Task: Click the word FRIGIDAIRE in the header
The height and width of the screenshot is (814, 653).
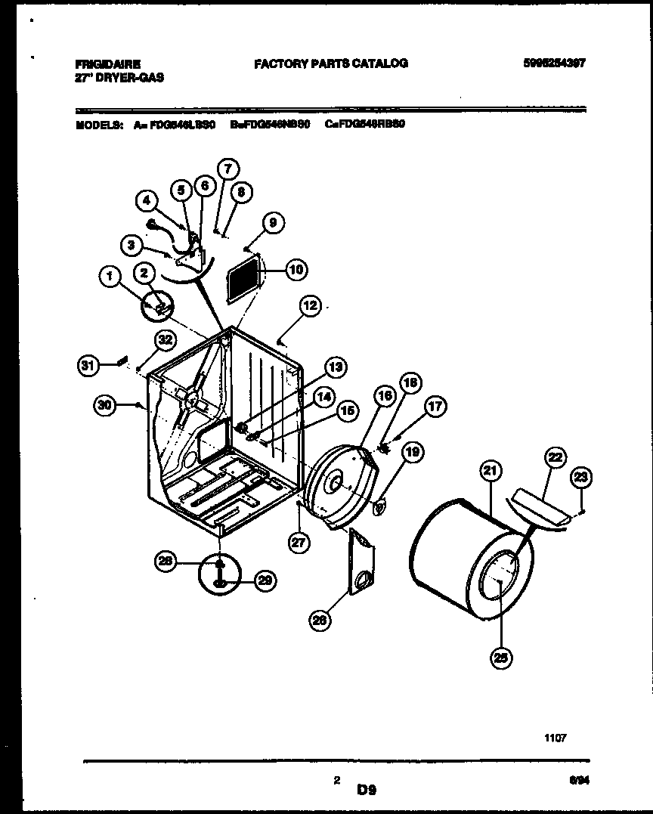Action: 107,65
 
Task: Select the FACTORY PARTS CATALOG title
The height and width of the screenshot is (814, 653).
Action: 331,64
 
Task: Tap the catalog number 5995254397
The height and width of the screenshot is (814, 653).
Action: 553,64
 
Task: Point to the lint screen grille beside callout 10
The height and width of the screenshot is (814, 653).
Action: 244,280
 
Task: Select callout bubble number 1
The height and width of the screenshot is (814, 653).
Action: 111,279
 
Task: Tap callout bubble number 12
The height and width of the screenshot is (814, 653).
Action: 310,306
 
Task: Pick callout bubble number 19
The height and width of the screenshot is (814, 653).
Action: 412,453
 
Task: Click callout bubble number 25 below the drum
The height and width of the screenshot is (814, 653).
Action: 500,659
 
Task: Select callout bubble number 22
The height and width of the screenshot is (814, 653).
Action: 556,458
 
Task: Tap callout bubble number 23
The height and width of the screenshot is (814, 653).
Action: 582,477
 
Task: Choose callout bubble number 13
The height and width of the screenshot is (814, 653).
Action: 336,367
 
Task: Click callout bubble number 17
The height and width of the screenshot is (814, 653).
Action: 435,407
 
